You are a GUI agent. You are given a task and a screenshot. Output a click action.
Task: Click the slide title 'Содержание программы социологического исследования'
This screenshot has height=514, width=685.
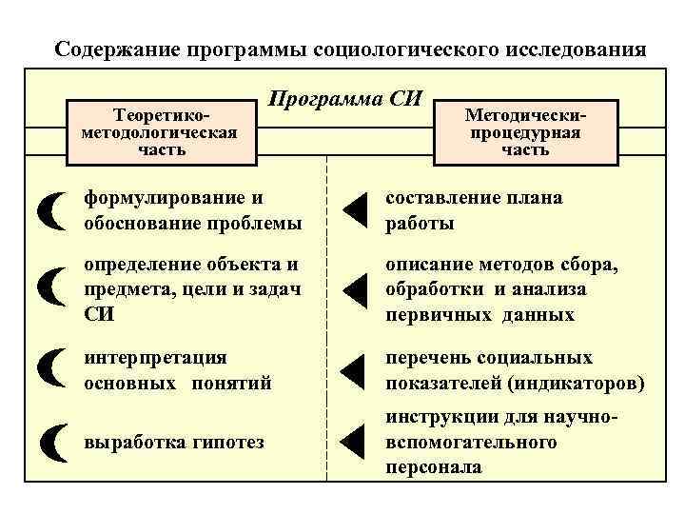coord(349,49)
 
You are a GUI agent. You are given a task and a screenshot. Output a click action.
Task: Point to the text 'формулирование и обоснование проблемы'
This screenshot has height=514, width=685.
coord(193,211)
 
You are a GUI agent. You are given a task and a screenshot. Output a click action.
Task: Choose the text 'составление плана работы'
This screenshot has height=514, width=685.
coord(473,211)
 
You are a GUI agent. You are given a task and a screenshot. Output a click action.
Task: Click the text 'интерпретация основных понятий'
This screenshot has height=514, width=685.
coord(178,371)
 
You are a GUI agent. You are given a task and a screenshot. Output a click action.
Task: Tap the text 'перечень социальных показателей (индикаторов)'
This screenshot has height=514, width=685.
coord(515,371)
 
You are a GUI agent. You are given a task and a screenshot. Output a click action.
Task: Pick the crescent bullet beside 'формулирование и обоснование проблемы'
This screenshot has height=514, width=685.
coord(54,211)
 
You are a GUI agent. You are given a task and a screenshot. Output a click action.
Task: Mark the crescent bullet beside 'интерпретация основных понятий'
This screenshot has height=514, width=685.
coord(54,370)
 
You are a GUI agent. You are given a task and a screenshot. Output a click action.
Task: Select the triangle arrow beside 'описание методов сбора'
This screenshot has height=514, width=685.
coord(353,290)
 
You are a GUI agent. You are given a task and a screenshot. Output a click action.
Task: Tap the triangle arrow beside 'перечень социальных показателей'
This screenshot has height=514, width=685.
coord(353,371)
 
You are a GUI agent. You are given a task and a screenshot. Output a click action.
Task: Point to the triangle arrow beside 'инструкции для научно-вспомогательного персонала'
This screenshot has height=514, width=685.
coord(353,441)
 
